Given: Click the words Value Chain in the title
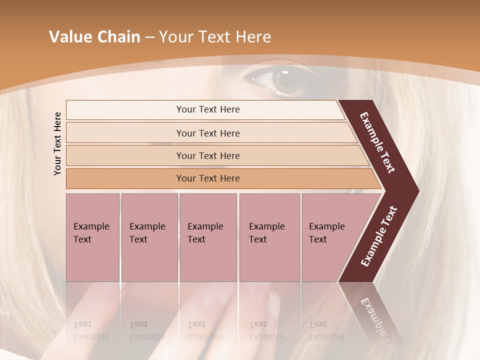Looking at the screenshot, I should point(94,37).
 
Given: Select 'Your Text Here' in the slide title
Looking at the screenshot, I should point(215,37).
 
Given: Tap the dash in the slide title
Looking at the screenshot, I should point(149,37).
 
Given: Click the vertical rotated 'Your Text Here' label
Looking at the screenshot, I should point(57,143).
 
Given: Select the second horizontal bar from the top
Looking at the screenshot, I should point(208,133).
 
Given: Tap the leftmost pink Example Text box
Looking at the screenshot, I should point(92,237).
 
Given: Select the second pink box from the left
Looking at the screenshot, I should point(149,237).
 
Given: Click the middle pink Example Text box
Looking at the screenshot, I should point(208,237).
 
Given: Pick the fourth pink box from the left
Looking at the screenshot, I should point(269,237).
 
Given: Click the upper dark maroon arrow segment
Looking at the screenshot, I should point(377,142).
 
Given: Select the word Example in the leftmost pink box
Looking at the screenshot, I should point(91,226).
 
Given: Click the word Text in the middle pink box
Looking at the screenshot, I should point(196,239).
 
